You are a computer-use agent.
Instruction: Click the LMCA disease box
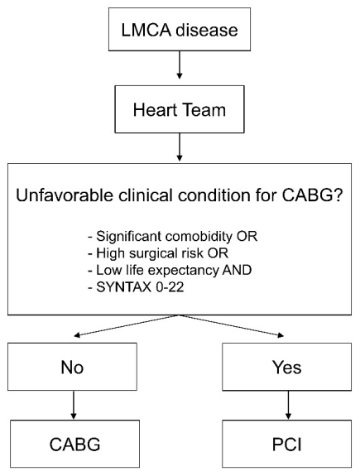[x=180, y=29]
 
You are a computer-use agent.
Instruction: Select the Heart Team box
[x=180, y=109]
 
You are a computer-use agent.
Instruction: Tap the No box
[x=72, y=367]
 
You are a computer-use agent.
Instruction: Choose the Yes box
[x=287, y=367]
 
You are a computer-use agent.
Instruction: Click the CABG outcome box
[x=75, y=444]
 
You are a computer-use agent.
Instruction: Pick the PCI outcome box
[x=287, y=444]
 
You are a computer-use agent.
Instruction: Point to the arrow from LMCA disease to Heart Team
[x=180, y=65]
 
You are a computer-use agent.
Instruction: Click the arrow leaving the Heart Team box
[x=180, y=147]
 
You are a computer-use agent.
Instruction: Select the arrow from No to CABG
[x=74, y=405]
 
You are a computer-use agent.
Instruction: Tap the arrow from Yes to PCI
[x=288, y=405]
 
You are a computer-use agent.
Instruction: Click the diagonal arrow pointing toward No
[x=127, y=325]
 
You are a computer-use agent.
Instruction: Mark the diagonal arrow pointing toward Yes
[x=232, y=325]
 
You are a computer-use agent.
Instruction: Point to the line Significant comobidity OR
[x=172, y=236]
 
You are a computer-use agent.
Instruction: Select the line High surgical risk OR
[x=158, y=253]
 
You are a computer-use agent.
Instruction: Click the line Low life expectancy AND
[x=170, y=270]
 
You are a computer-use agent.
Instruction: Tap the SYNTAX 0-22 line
[x=136, y=287]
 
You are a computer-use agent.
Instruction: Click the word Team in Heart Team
[x=204, y=109]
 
